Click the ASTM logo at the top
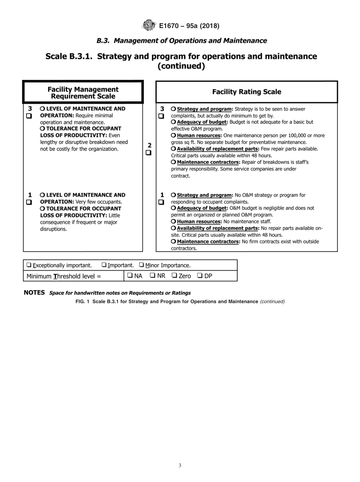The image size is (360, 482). click(x=149, y=26)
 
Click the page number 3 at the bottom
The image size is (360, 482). click(x=180, y=466)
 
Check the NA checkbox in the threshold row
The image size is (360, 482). click(x=130, y=276)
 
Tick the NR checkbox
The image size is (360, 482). click(x=152, y=276)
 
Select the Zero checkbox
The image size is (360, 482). click(x=174, y=276)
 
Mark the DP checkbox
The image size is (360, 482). click(x=200, y=276)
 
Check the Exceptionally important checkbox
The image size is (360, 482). click(x=29, y=265)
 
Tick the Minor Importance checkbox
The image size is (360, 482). click(x=141, y=265)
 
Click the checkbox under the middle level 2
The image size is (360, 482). click(x=149, y=153)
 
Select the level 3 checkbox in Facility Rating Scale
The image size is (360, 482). click(x=161, y=116)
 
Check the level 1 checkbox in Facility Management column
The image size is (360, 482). click(x=29, y=202)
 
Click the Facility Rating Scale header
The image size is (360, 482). click(x=246, y=92)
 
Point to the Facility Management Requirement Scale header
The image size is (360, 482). click(x=83, y=93)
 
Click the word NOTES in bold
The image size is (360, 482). click(x=34, y=293)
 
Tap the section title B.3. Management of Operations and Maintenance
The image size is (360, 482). click(x=182, y=41)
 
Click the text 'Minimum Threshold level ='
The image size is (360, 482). click(x=64, y=276)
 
